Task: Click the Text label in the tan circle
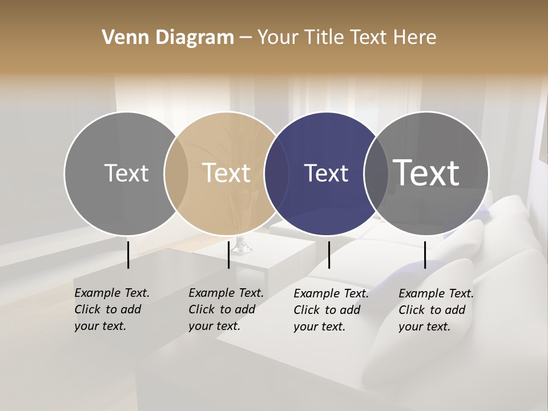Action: [226, 173]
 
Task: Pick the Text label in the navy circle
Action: [326, 173]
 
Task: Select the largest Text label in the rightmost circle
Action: [426, 173]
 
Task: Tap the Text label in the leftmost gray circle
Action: [126, 173]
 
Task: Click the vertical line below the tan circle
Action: [228, 255]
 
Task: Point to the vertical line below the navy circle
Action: [329, 255]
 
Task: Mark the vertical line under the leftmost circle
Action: [128, 255]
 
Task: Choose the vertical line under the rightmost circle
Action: [425, 255]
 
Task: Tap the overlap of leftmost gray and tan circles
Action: [176, 173]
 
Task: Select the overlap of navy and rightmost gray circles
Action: [376, 173]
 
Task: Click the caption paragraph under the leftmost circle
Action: [112, 309]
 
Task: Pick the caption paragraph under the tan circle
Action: [226, 309]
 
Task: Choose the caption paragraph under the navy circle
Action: [331, 310]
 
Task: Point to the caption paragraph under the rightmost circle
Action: [436, 310]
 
